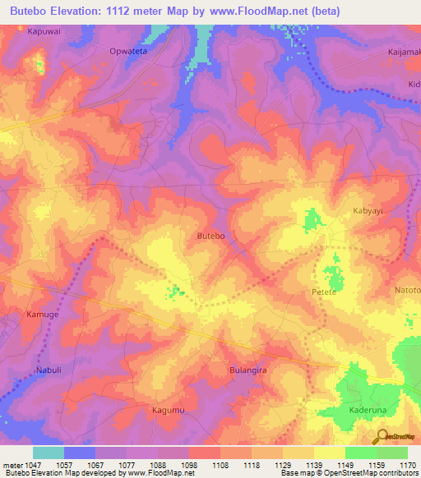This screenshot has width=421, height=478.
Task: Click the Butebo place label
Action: click(x=211, y=236)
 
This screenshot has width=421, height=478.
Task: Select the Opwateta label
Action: click(x=128, y=51)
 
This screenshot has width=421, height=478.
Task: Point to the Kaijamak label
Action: click(x=403, y=52)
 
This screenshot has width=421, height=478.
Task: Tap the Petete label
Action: click(x=326, y=292)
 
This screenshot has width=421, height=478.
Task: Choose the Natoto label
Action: click(x=407, y=290)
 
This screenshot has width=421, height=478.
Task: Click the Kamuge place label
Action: click(x=43, y=315)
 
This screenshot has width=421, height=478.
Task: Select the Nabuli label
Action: click(x=49, y=370)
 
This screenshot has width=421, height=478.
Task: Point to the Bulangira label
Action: click(x=250, y=370)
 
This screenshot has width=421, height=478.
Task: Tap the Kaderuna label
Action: click(x=368, y=410)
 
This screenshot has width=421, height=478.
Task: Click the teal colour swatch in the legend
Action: click(x=48, y=453)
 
